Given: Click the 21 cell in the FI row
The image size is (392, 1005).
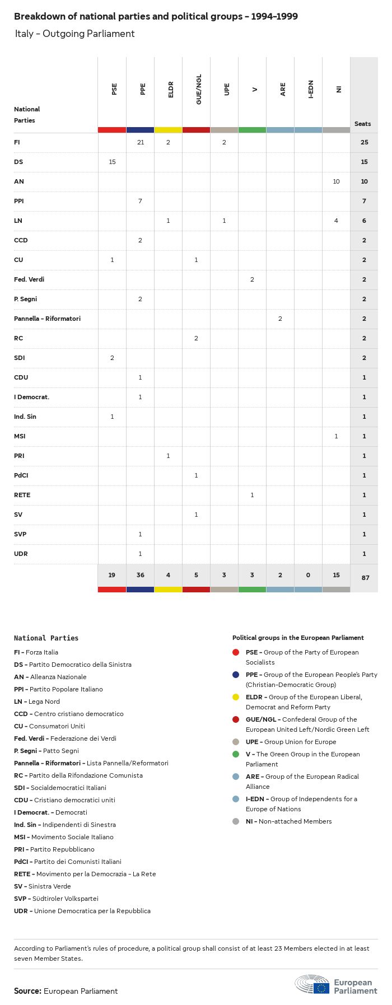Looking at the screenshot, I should tap(141, 142).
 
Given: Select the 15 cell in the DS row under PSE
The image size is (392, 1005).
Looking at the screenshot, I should tap(112, 162).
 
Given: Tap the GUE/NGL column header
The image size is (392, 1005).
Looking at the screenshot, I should tap(199, 90).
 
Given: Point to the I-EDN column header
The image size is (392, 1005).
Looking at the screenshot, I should tap(311, 90).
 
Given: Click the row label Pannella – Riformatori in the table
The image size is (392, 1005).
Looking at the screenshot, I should tap(47, 319).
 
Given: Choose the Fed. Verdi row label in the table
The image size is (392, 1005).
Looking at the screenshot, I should tap(29, 279).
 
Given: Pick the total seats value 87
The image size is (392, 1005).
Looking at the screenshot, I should tap(365, 577).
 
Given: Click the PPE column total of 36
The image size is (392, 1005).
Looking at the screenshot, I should tap(141, 575).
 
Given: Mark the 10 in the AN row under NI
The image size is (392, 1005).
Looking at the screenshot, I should tap(336, 181).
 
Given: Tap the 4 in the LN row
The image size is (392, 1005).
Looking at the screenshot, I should tap(336, 221).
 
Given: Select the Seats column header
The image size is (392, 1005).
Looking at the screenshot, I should tap(363, 124).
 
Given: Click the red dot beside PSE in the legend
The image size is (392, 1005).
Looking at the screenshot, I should tap(236, 652).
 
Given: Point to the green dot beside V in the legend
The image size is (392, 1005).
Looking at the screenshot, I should tap(236, 754).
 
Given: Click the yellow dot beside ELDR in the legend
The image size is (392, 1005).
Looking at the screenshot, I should tap(236, 697).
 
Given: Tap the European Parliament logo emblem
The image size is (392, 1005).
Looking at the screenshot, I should tap(312, 984).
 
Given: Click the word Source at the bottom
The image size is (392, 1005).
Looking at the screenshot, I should tap(27, 991).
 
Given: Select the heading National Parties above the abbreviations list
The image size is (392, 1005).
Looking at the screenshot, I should tap(46, 638).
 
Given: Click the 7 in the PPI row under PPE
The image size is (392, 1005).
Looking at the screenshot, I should tap(141, 201).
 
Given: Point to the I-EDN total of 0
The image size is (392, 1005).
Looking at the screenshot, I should tap(308, 575).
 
